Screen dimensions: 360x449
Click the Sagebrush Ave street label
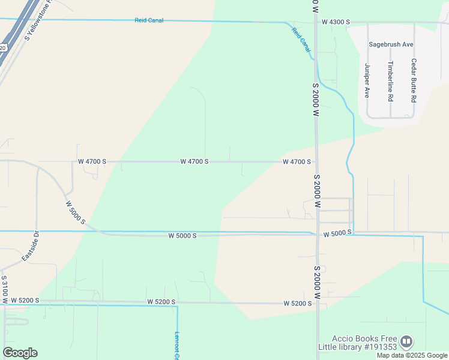click(391, 44)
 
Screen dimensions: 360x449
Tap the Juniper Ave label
click(367, 81)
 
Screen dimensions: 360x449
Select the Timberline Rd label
click(390, 80)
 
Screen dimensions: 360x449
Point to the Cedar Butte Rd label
click(414, 80)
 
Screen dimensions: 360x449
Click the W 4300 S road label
click(336, 22)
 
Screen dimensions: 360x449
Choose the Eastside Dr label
click(31, 246)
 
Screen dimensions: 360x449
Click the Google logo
click(20, 353)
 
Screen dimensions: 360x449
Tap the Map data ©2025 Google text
click(412, 355)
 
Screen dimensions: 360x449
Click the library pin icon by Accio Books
click(406, 342)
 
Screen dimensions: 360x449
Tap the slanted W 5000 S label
click(76, 213)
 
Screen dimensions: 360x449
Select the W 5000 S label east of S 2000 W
click(337, 232)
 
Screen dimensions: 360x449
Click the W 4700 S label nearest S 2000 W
click(297, 161)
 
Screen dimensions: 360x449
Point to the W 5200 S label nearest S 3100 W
click(25, 300)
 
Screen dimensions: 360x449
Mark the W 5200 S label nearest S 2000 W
click(298, 304)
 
